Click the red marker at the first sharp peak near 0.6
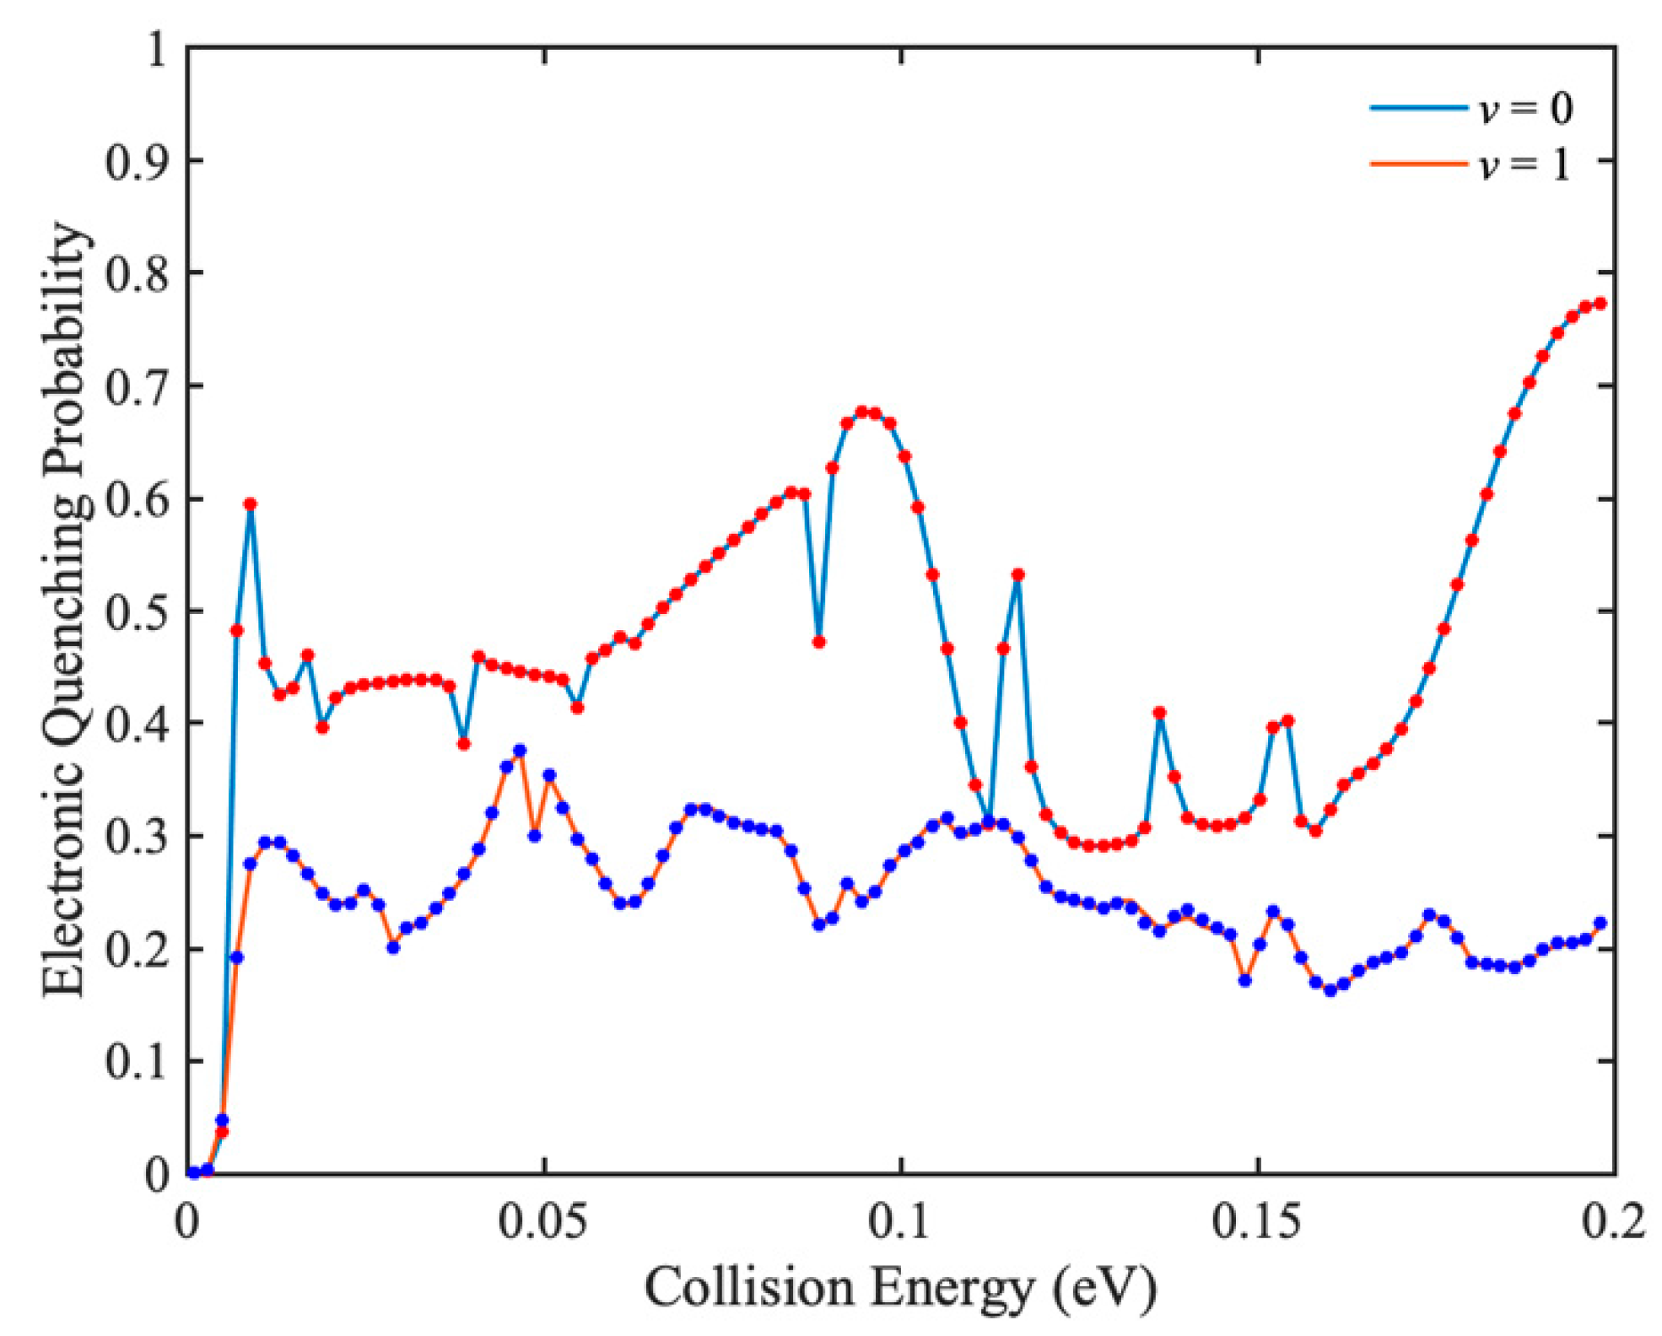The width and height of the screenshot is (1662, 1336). (x=250, y=504)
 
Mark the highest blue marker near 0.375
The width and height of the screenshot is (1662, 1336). (x=520, y=750)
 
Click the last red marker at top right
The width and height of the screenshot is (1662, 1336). (x=1600, y=304)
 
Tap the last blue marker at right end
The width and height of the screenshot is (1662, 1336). (x=1600, y=923)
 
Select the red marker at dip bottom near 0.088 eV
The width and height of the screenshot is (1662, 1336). (x=818, y=642)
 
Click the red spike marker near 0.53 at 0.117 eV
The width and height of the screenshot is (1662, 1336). (x=1017, y=574)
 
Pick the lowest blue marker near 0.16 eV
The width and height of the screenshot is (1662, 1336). (x=1330, y=990)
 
